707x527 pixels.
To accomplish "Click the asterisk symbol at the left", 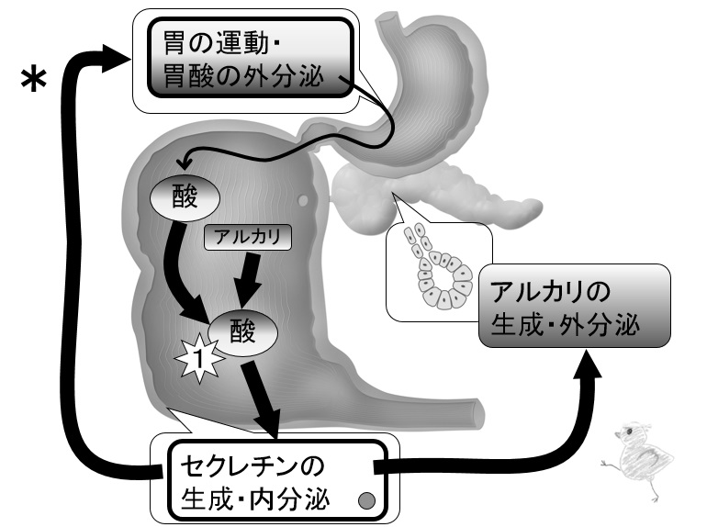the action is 34,80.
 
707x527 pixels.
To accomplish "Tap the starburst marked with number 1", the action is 199,358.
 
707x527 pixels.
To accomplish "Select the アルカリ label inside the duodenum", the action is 248,237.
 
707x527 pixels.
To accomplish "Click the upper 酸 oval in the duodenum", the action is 185,198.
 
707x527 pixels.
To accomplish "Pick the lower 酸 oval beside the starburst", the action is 242,332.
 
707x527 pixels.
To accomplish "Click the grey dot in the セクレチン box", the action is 366,500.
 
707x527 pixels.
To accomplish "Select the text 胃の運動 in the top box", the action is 216,43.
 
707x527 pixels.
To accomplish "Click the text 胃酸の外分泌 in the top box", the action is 243,76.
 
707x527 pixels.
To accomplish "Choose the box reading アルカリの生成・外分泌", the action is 575,306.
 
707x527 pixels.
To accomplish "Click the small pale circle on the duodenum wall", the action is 303,200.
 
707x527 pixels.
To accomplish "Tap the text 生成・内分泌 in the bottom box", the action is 255,499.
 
